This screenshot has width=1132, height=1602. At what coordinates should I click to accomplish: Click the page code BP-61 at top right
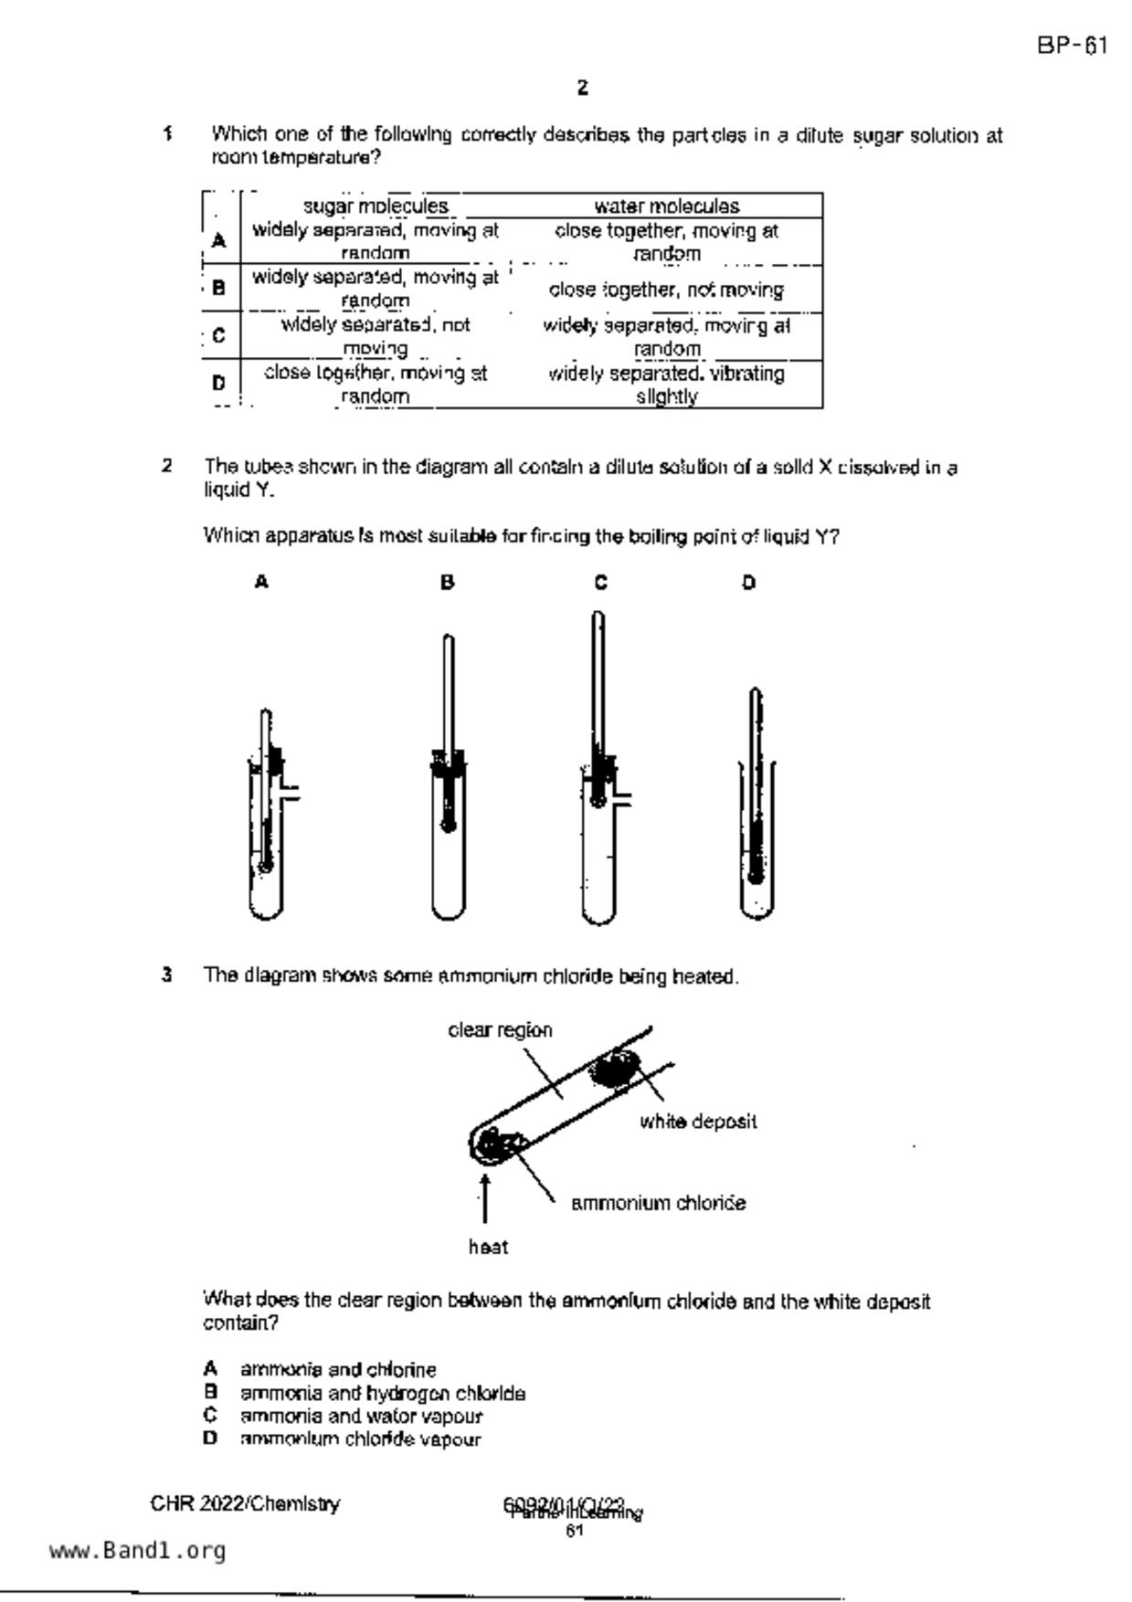[x=1072, y=46]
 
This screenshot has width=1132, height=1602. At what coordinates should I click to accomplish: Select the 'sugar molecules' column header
[x=376, y=206]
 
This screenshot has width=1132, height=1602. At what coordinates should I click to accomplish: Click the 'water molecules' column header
[x=666, y=206]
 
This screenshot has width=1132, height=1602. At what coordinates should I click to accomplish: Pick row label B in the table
[x=218, y=288]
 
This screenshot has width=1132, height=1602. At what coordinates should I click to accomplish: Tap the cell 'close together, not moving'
[x=666, y=290]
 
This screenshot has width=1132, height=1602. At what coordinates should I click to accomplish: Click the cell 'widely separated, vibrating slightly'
[x=666, y=385]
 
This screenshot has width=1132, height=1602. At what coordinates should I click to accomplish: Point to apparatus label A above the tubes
[x=261, y=582]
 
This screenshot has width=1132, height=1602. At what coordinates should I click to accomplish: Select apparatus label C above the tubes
[x=600, y=582]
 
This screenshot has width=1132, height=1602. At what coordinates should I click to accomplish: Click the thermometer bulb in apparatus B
[x=448, y=826]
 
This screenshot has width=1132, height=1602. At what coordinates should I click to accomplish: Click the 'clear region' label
[x=500, y=1030]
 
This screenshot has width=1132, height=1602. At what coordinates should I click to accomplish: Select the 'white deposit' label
[x=698, y=1122]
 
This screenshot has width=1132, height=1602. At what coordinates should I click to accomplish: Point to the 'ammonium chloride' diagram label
[x=658, y=1203]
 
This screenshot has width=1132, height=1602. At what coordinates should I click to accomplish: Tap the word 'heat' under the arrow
[x=488, y=1247]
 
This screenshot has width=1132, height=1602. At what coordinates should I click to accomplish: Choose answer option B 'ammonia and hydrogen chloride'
[x=382, y=1393]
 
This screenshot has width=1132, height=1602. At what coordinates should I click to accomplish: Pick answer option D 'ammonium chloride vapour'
[x=360, y=1439]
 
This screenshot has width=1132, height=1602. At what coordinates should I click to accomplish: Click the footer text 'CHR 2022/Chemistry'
[x=245, y=1503]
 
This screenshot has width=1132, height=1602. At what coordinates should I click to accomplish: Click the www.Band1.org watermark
[x=137, y=1551]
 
